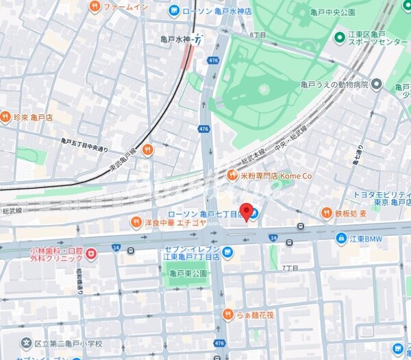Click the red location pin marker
pyautogui.click(x=247, y=211)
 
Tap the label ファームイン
pyautogui.click(x=127, y=6)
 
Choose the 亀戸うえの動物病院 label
pyautogui.click(x=334, y=85)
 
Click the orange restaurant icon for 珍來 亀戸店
pyautogui.click(x=6, y=117)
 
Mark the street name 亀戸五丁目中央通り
pyautogui.click(x=85, y=143)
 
